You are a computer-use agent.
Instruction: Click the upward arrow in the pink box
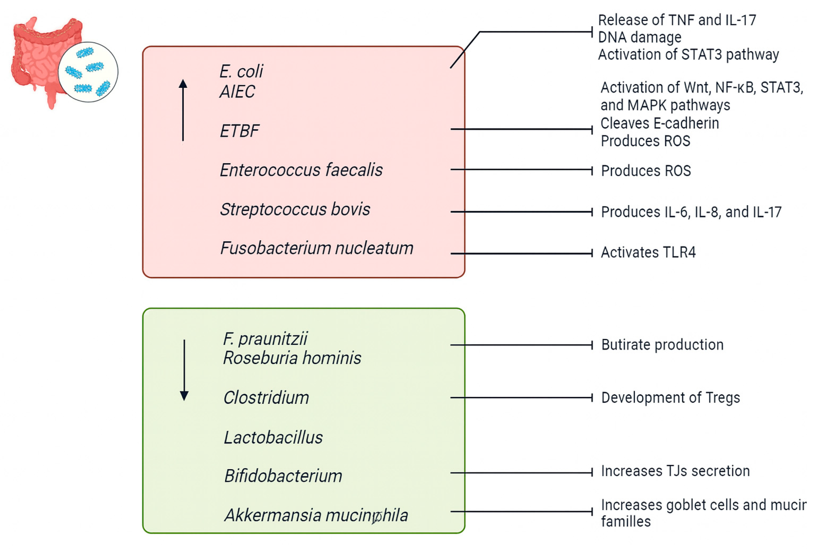coord(183,111)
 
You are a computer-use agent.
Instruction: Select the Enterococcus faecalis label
coord(301,170)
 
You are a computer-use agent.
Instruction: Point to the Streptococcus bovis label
coord(295,210)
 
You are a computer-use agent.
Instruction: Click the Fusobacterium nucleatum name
coord(316,249)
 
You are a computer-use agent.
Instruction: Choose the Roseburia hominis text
coord(292,358)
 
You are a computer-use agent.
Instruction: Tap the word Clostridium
coord(266,398)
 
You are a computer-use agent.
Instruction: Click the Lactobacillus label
coord(273,438)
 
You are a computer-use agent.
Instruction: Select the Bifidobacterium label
coord(283,476)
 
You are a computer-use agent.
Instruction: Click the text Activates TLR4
coord(648,253)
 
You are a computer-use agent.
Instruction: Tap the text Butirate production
coord(662,345)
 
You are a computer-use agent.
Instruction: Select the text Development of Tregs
coord(670,398)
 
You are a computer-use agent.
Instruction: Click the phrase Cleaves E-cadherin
coord(659,123)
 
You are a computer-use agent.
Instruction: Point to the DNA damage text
coord(639,37)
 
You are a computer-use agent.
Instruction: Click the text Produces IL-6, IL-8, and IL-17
coord(691,212)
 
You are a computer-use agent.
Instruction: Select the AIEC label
coord(237,92)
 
